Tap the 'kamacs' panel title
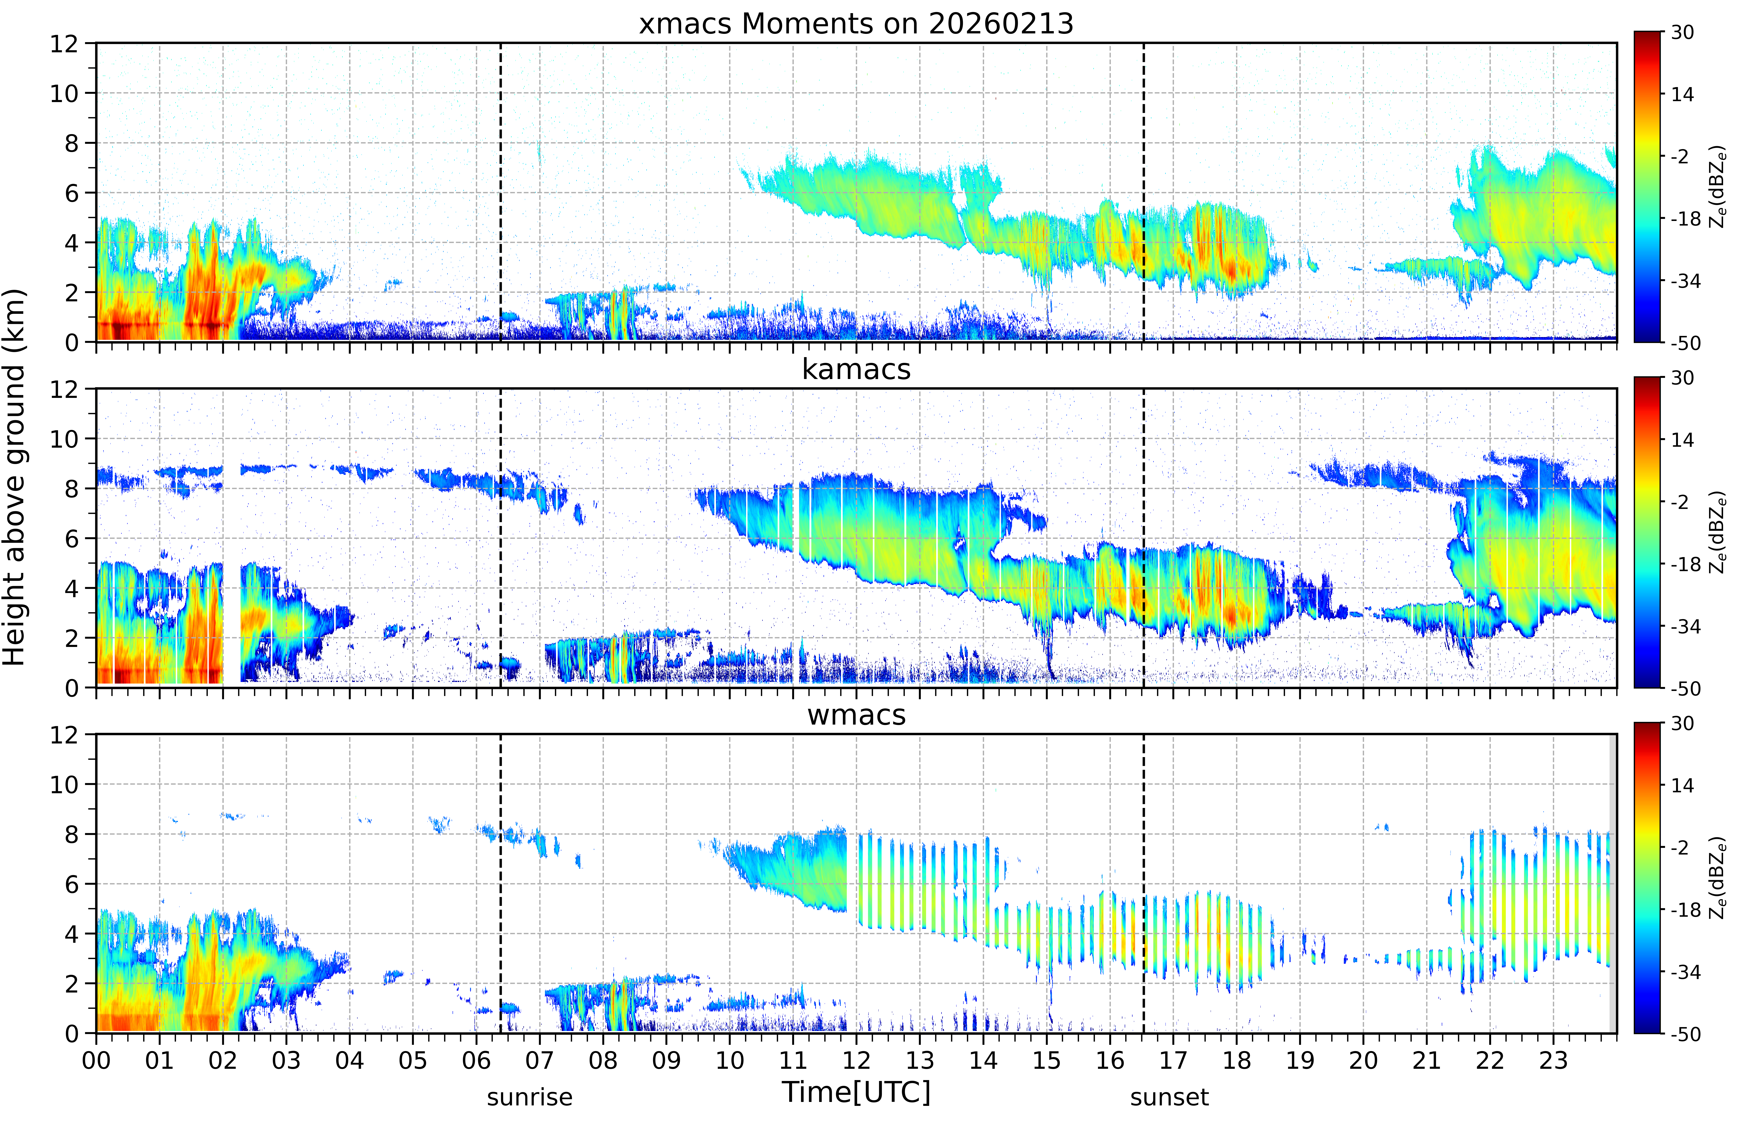pos(856,369)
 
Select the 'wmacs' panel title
pos(856,715)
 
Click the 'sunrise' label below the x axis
pos(530,1096)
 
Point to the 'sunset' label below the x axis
pos(1169,1096)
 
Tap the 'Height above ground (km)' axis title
pos(15,477)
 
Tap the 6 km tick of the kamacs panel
pos(71,538)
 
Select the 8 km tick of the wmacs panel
pos(71,834)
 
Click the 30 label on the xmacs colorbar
pos(1682,32)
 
